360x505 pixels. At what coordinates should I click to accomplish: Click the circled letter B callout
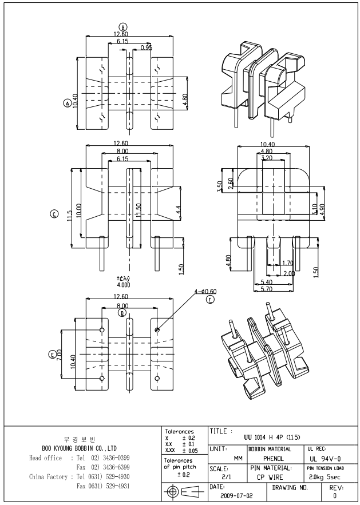point(122,27)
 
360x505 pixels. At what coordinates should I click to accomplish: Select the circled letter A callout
point(67,104)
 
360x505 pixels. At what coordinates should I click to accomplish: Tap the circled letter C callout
point(55,214)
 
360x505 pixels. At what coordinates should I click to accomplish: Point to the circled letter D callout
point(121,313)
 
